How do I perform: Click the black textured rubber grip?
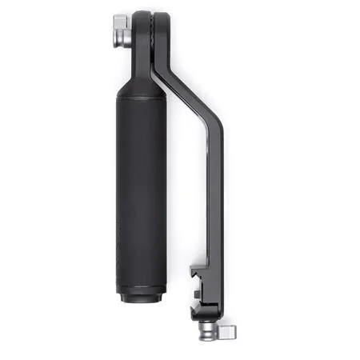point(142,192)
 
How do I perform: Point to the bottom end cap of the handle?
point(142,296)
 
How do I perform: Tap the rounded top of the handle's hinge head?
point(142,18)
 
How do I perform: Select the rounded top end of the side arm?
point(162,19)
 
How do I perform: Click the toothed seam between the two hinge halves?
point(152,36)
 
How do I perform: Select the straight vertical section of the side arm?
point(215,200)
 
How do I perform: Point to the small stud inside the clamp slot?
point(195,294)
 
